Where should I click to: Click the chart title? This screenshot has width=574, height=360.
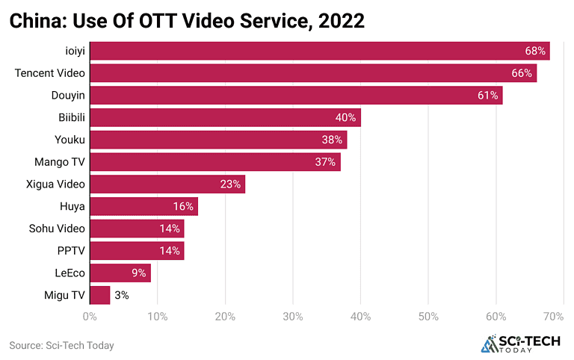point(187,21)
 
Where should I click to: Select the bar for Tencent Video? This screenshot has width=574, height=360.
point(313,73)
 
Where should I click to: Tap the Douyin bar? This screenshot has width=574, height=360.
point(296,96)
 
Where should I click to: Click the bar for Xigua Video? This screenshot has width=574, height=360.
point(167,184)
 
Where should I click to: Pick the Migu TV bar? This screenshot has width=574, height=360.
point(100,295)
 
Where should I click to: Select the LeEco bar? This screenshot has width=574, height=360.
point(120,273)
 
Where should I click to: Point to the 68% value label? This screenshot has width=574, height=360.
point(535,51)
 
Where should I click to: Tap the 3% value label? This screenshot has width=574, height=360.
point(122,295)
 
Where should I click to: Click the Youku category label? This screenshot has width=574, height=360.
point(70,140)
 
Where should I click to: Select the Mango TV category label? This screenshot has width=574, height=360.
point(60,162)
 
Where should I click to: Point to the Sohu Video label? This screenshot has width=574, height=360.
point(57,229)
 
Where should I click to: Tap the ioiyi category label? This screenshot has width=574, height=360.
point(75,51)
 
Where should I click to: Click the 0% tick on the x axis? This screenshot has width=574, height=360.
point(90,317)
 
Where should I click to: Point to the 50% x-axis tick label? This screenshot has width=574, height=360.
point(428,317)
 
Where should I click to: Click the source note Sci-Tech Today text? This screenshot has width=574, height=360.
point(61,345)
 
